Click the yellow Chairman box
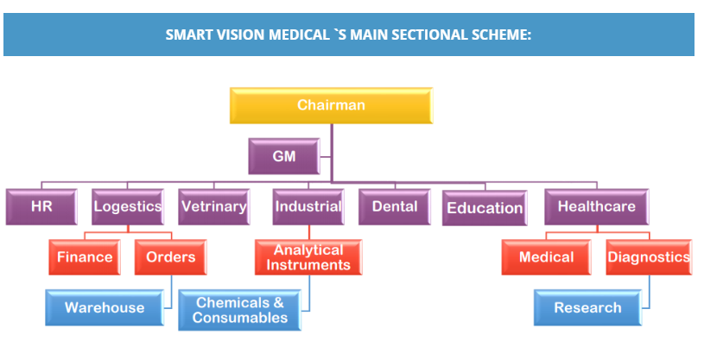coord(331,105)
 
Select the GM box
coord(283,156)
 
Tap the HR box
coord(41,206)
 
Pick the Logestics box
coord(127,206)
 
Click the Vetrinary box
coord(213,206)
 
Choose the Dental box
coord(394,206)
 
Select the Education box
coord(484,208)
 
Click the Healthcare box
coord(596,206)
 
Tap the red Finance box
coord(85,257)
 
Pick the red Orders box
coord(170,257)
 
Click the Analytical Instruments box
coord(308,257)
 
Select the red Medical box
coord(546,257)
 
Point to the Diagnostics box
coord(648,257)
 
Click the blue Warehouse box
coord(104,307)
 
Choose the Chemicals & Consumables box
coord(239,310)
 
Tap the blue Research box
coord(587,307)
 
